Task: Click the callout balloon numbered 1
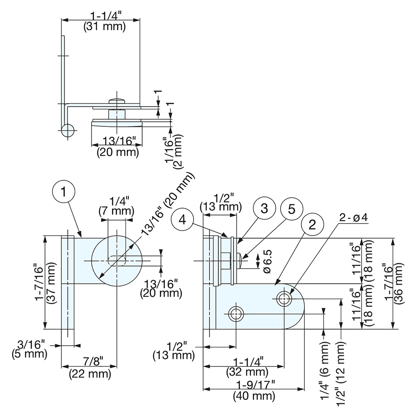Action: [x=63, y=192]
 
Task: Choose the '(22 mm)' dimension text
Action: [x=90, y=374]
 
